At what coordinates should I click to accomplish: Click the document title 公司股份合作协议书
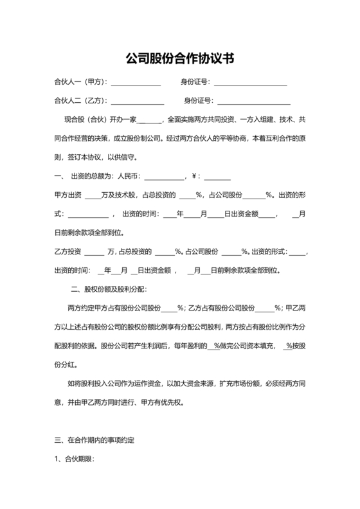179,58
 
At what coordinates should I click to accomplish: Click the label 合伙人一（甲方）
81,82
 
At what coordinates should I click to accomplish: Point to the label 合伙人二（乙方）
81,100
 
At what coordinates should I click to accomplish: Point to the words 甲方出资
67,195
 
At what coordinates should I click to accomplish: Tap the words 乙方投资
67,251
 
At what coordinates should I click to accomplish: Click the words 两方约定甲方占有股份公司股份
113,308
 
